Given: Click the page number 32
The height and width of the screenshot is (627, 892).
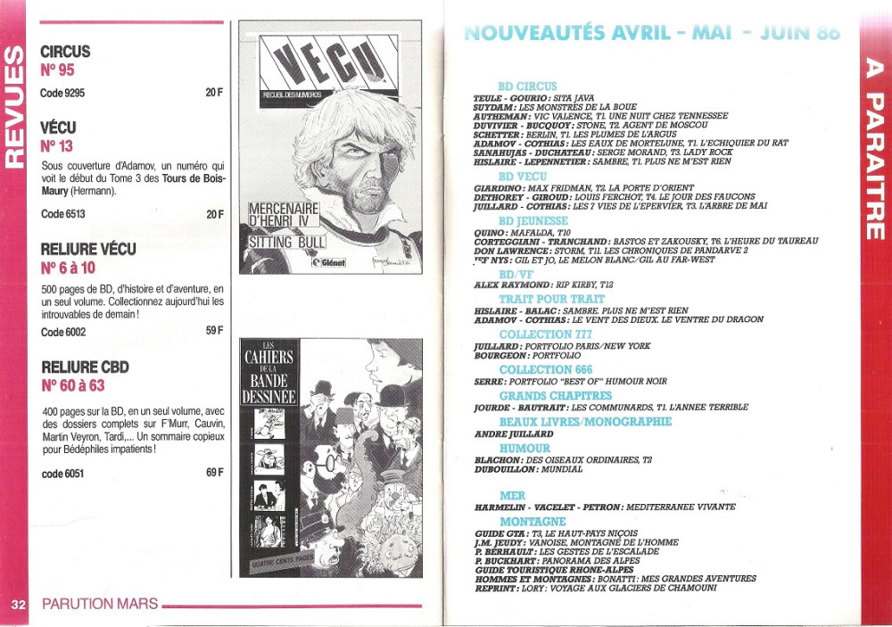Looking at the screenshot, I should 19,604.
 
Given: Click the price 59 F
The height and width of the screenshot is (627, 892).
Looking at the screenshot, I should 214,332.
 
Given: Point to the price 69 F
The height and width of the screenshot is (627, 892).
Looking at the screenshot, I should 214,473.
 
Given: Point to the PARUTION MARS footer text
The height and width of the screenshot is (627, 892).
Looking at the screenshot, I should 100,604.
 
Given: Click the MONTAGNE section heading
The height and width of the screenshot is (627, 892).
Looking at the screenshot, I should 533,521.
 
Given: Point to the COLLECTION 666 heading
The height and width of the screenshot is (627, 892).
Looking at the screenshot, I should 545,369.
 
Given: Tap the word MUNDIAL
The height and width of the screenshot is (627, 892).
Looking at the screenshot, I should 561,469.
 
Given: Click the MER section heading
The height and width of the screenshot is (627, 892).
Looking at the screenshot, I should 513,495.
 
